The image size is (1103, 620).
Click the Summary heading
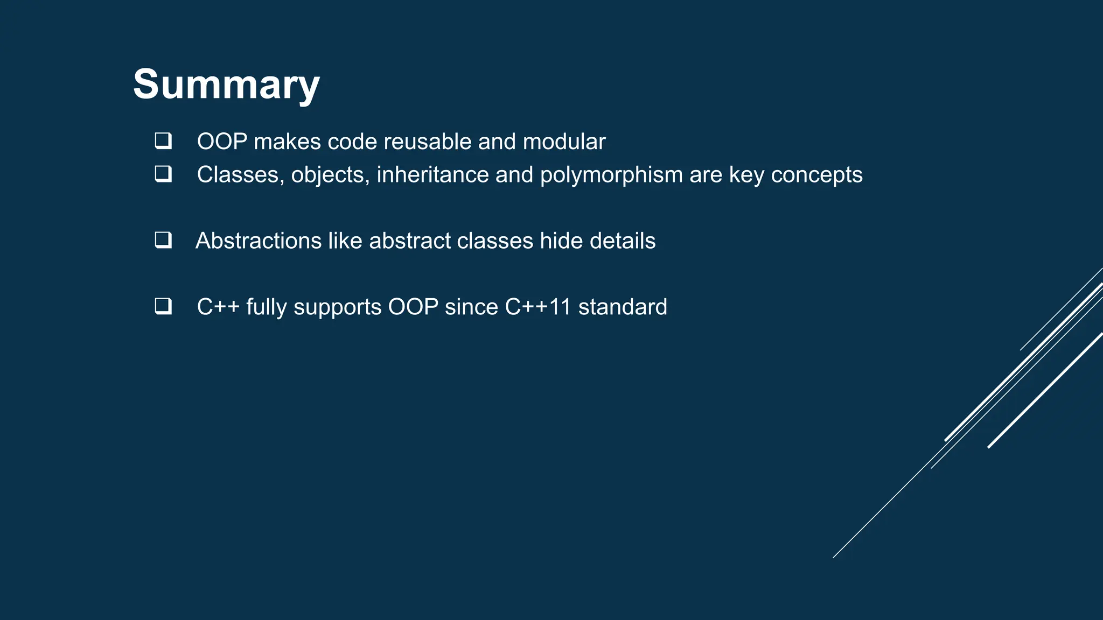(x=226, y=84)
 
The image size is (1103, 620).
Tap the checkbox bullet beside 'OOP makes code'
(x=163, y=141)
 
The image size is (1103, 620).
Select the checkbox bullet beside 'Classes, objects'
(x=163, y=174)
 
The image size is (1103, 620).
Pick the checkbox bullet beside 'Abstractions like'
(x=163, y=240)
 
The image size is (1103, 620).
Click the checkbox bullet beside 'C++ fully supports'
(x=163, y=306)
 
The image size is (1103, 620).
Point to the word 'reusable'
(x=421, y=142)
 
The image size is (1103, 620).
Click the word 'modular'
(x=564, y=142)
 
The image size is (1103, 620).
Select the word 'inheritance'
(x=432, y=174)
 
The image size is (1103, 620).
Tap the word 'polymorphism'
(x=611, y=175)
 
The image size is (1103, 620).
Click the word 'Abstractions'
(x=259, y=241)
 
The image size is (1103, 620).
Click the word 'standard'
(x=623, y=307)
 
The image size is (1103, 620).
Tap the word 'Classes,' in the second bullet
(x=240, y=175)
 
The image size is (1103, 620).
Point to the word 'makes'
(x=287, y=142)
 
